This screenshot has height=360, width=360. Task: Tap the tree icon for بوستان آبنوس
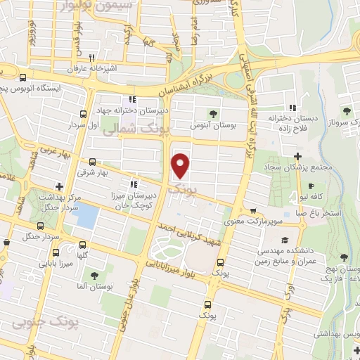(x=212, y=113)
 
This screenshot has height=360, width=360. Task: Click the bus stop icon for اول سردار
(x=84, y=114)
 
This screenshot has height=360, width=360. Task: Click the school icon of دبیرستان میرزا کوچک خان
(x=134, y=184)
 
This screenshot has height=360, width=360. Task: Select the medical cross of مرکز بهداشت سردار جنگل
(x=60, y=187)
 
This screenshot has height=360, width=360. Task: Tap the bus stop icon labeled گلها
(x=84, y=246)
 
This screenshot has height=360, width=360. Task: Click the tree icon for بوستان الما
(x=94, y=275)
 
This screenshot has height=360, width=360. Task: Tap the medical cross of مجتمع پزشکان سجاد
(x=298, y=155)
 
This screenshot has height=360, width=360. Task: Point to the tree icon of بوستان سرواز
(x=345, y=111)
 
